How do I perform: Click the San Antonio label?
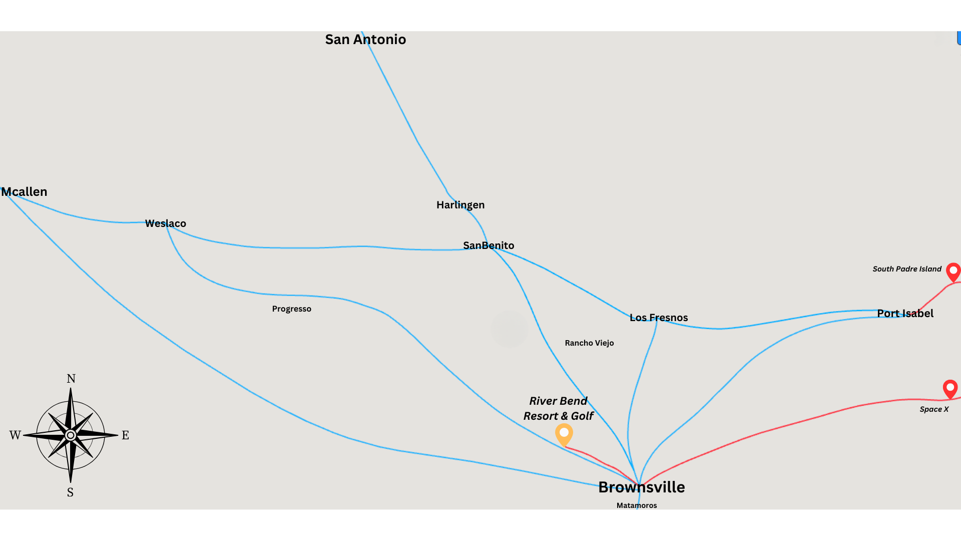coord(365,40)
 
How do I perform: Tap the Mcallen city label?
coord(25,192)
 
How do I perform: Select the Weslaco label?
coord(166,223)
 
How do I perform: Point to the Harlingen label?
coord(460,205)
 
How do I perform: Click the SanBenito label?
coord(489,245)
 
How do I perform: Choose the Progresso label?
coord(292,309)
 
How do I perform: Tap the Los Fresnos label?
coord(659,318)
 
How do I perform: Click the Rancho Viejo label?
coord(589,343)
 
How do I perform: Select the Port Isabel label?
coord(905,314)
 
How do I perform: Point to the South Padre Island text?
coord(907,269)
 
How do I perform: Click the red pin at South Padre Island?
coord(953,272)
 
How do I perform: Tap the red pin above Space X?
coord(950,388)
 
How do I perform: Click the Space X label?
coord(934,409)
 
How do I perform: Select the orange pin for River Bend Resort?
coord(564,434)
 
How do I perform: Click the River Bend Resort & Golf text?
coord(559,408)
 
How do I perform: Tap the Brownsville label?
coord(642,487)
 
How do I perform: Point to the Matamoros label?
coord(637,505)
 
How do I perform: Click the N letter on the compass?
coord(71,379)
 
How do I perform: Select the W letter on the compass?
coord(15,435)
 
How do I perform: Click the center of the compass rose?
coord(71,435)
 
